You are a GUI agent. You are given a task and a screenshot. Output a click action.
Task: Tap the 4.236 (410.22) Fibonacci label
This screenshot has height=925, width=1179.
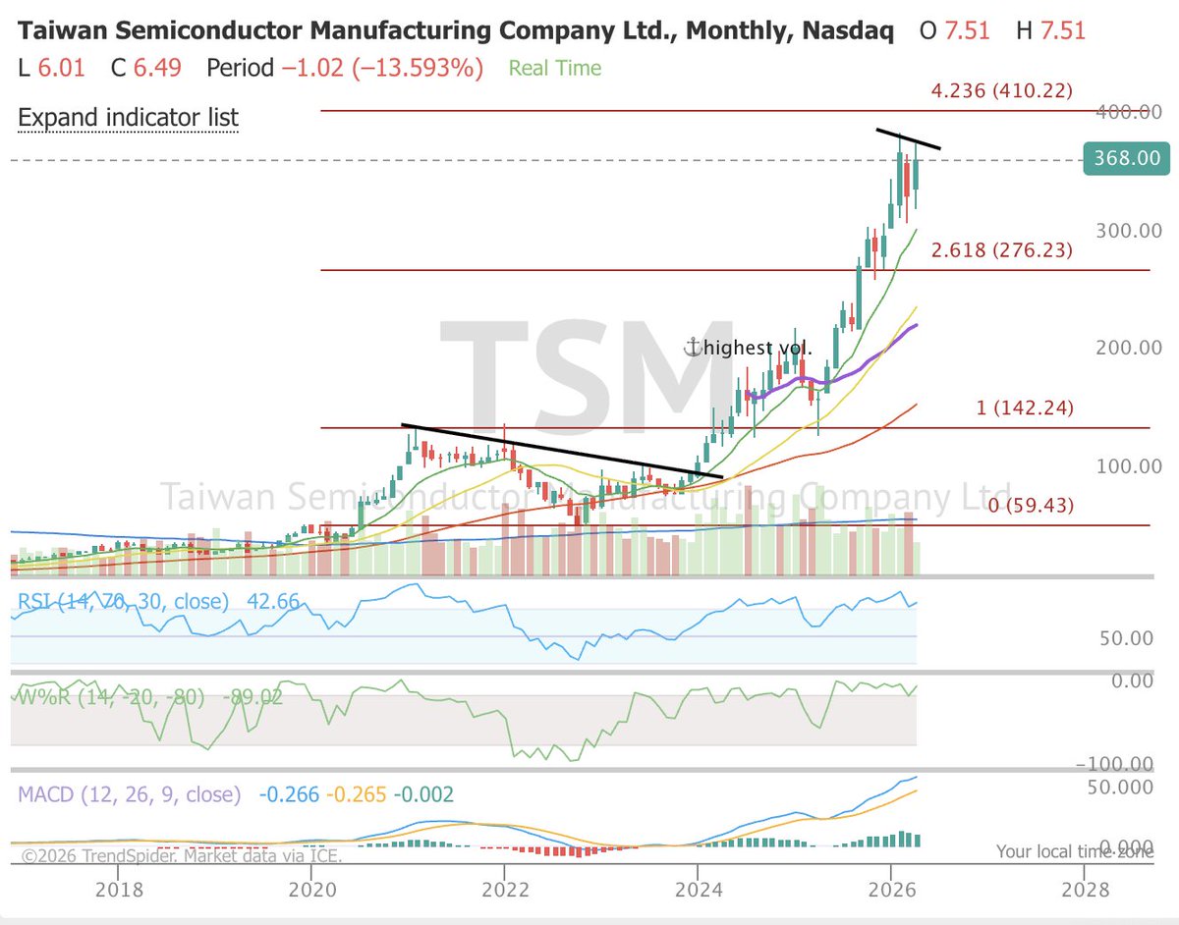click(1000, 91)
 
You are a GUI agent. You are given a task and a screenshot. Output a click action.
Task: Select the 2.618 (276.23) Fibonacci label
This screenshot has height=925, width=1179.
click(1000, 250)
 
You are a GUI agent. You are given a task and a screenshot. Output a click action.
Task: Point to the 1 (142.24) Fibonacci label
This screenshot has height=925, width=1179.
click(1025, 408)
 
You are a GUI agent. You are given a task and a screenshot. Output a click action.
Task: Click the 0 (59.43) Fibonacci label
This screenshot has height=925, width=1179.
click(1031, 506)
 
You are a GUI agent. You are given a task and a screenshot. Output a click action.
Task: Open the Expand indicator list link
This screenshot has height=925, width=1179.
click(129, 118)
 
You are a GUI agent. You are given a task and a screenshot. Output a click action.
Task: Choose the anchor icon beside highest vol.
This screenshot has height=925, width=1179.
click(693, 347)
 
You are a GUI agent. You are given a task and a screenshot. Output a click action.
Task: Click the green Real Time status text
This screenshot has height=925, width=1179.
click(554, 69)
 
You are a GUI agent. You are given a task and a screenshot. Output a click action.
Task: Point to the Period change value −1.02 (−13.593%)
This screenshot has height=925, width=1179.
click(381, 69)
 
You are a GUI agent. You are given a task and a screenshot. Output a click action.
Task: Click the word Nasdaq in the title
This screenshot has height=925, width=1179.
click(848, 29)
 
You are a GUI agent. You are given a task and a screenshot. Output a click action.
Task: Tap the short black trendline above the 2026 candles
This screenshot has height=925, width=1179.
click(908, 139)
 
